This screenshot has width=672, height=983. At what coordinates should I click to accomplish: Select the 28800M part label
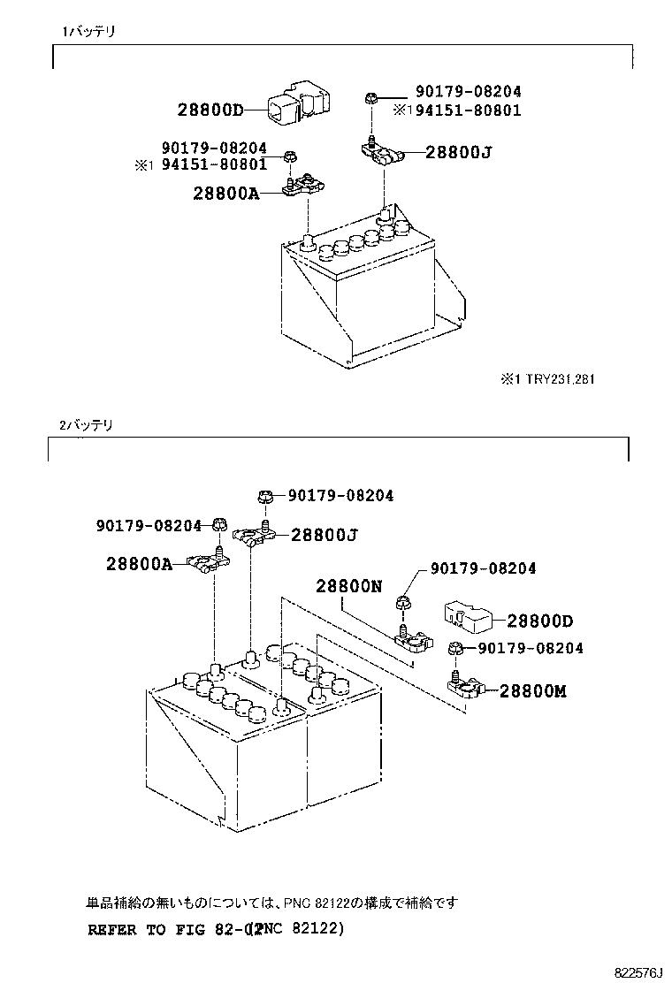tap(532, 691)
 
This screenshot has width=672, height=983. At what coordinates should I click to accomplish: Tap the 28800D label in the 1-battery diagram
tap(210, 110)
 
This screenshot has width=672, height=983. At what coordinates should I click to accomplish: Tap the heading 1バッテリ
tap(88, 31)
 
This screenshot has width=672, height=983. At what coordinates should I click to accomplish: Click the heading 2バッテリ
tap(87, 424)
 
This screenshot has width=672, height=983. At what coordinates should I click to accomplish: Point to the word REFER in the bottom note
tap(113, 930)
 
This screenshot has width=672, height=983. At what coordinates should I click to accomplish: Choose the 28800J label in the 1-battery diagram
tap(458, 152)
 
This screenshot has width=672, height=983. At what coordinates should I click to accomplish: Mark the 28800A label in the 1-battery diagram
tap(225, 193)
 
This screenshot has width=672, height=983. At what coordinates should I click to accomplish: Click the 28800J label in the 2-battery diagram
tap(324, 535)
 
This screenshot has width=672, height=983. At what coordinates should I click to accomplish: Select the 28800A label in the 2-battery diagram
tap(139, 563)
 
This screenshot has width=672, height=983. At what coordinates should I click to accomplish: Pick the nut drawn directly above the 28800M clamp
tap(454, 650)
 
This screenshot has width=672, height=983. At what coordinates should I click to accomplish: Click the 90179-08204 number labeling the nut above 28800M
tap(531, 649)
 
